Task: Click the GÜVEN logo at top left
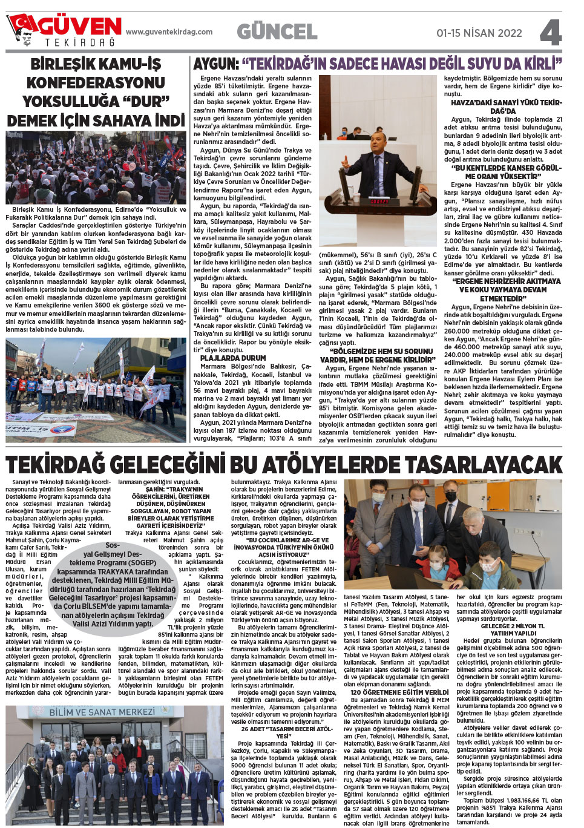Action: pyautogui.click(x=64, y=30)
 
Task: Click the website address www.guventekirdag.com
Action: pyautogui.click(x=169, y=32)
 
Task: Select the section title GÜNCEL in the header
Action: pyautogui.click(x=277, y=31)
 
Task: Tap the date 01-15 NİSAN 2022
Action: pyautogui.click(x=479, y=33)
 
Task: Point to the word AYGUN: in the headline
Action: pyautogui.click(x=216, y=64)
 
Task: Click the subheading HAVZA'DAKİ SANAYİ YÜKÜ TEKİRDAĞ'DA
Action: pyautogui.click(x=506, y=107)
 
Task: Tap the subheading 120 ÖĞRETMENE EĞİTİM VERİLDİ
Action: pyautogui.click(x=399, y=692)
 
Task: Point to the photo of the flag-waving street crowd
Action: pyautogui.click(x=96, y=168)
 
